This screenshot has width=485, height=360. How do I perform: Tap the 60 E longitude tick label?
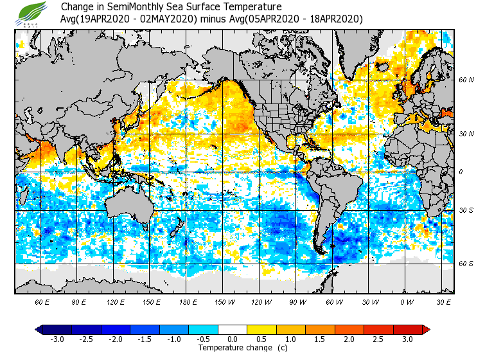(42, 301)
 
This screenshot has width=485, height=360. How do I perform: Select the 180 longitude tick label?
(188, 301)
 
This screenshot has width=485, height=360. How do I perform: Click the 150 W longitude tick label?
(224, 301)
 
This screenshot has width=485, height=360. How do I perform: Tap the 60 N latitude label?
(466, 80)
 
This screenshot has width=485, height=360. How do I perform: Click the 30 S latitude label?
(466, 211)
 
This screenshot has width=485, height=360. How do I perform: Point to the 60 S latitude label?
(466, 264)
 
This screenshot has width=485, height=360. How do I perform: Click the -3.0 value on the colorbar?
(57, 339)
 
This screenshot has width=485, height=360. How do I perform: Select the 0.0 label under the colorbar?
(233, 339)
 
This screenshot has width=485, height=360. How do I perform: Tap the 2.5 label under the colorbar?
(379, 339)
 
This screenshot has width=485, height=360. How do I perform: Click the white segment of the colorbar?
(233, 329)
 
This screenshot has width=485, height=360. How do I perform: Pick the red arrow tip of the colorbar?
(425, 329)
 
